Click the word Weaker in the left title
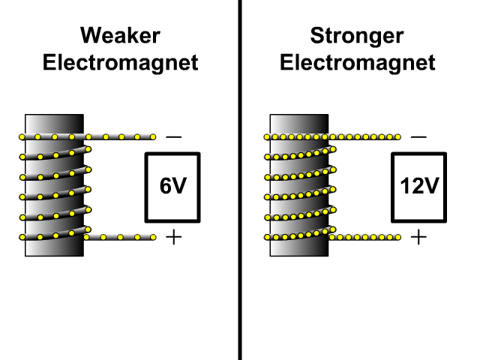pos(120,36)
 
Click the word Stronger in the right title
pos(357,36)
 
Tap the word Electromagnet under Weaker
pos(120,62)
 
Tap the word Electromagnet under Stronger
pos(357,62)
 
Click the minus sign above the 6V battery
pos(173,137)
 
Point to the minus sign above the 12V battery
pos(418,137)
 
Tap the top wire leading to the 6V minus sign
pos(120,137)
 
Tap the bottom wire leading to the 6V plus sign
pos(120,237)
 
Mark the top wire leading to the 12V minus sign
pos(367,137)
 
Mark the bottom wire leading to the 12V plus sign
pos(367,237)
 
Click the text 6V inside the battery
pos(172,187)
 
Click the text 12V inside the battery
pos(418,187)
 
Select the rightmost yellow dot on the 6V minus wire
pos(153,137)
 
